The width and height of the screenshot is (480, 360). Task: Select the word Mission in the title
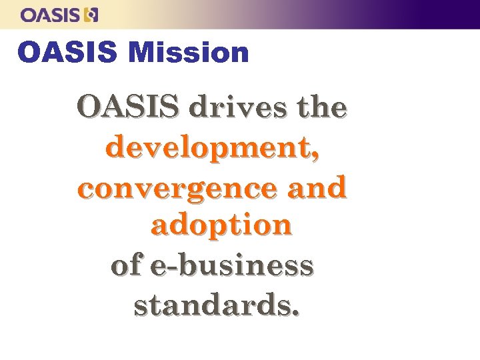[189, 53]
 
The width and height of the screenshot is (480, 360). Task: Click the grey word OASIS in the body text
[127, 107]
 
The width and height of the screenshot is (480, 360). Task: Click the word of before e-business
[126, 265]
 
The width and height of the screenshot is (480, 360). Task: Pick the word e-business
[232, 265]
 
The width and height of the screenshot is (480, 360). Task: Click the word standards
[212, 305]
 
